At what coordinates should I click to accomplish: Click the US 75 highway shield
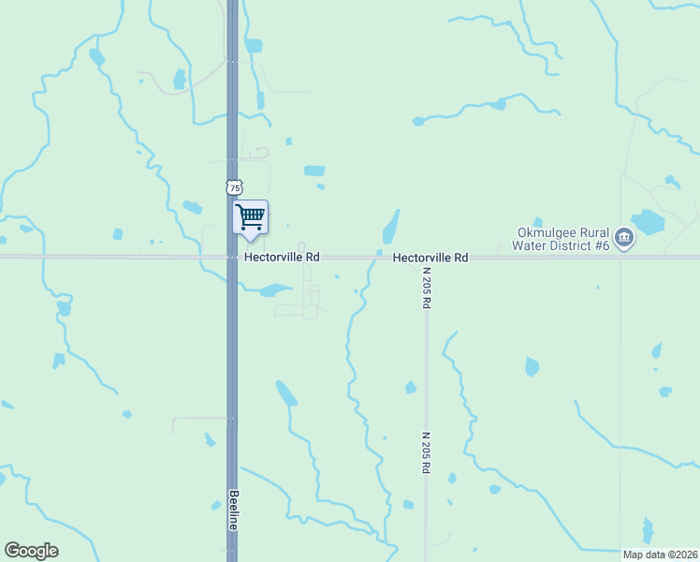(234, 187)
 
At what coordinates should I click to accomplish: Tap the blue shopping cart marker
(250, 216)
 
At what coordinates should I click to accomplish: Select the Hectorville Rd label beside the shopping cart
(282, 257)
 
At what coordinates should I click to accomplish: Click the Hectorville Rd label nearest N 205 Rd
(430, 257)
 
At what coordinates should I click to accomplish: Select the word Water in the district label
(529, 245)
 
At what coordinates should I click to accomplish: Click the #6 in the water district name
(602, 245)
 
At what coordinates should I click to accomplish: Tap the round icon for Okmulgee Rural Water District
(625, 240)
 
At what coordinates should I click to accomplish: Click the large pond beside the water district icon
(648, 222)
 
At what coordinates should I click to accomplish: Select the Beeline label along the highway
(233, 510)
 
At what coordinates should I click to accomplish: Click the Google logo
(31, 551)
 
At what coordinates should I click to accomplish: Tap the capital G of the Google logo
(12, 551)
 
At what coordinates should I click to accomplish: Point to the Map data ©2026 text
(659, 554)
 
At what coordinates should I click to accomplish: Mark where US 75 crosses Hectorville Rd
(232, 257)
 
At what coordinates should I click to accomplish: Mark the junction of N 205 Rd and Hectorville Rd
(425, 257)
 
